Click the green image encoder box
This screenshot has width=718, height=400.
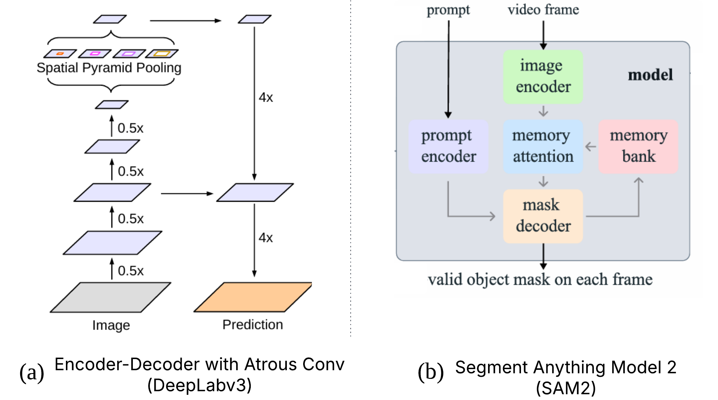tap(543, 77)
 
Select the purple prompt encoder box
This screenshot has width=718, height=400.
tap(448, 146)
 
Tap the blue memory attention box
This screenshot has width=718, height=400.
tap(543, 146)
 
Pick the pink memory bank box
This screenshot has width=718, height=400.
tap(638, 146)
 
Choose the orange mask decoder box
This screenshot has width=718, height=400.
tap(543, 216)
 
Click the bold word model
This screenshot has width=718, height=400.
tap(650, 75)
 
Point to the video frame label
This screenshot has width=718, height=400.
tap(543, 10)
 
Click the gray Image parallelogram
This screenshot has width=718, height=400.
tap(111, 297)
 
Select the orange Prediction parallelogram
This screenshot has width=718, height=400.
tap(253, 297)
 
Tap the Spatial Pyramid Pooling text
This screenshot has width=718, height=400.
tap(109, 68)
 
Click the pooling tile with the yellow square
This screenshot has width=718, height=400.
tap(162, 53)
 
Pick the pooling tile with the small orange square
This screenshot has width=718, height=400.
tap(60, 53)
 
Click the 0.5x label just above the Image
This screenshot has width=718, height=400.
tap(130, 271)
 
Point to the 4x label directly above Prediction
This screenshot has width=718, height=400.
tap(266, 238)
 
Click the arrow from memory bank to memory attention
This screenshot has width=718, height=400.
tap(591, 146)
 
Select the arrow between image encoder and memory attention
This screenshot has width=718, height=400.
tap(543, 111)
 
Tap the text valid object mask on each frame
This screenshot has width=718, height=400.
tap(540, 280)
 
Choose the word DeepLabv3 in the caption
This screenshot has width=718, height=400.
tap(199, 385)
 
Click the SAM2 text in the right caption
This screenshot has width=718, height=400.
tap(566, 388)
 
